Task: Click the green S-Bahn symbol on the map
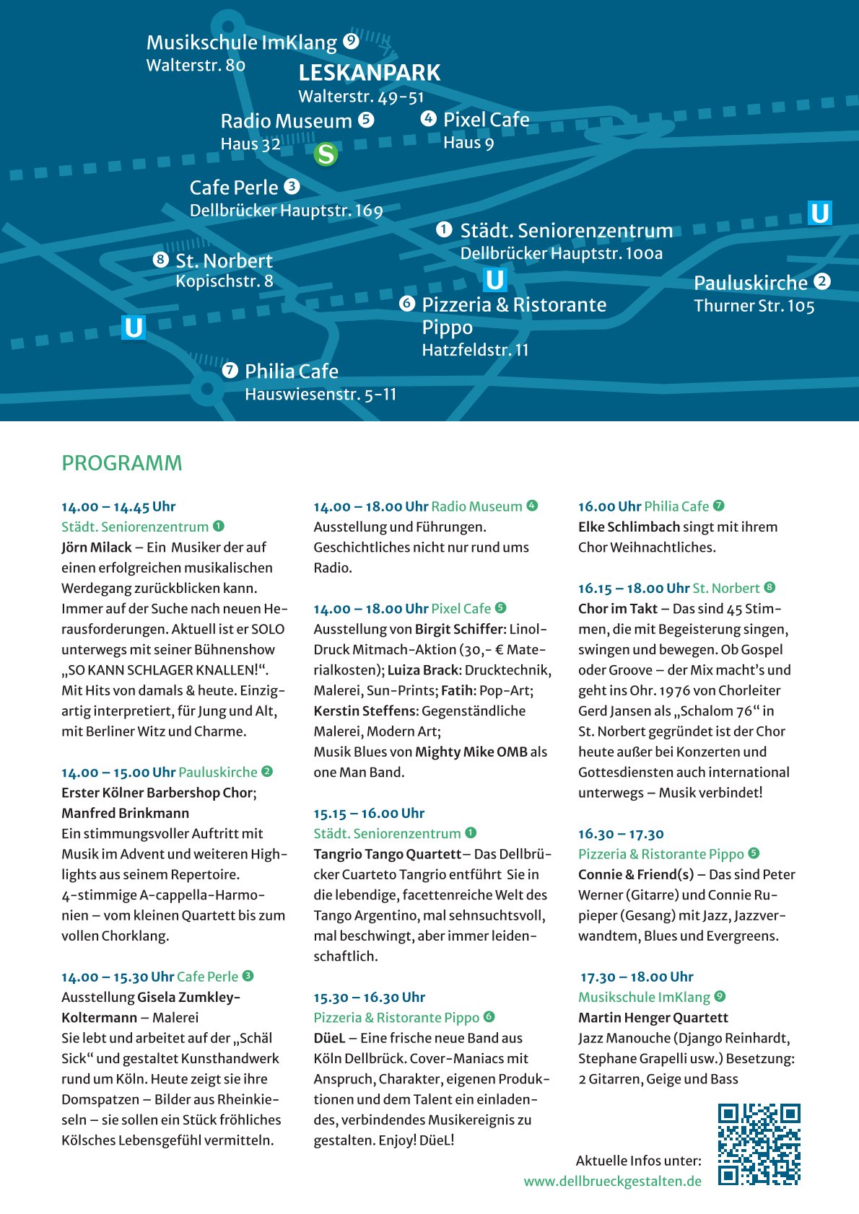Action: [x=326, y=154]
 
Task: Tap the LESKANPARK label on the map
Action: [x=369, y=73]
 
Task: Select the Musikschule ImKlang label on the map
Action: [x=241, y=43]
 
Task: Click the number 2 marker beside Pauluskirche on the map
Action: [x=822, y=281]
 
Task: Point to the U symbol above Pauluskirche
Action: [x=820, y=214]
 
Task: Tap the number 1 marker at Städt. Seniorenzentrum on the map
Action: [x=444, y=229]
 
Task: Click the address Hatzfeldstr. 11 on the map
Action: [x=475, y=350]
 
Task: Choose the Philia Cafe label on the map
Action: [x=291, y=371]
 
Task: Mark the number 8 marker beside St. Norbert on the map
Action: [x=161, y=259]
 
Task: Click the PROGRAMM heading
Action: [x=122, y=463]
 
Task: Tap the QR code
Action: [x=759, y=1143]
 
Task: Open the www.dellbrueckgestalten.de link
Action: [x=612, y=1181]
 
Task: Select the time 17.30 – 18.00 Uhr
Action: [x=637, y=977]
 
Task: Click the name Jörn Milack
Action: [x=97, y=547]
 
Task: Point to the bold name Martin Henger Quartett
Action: [x=653, y=1017]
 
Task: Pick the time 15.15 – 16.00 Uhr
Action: [x=369, y=813]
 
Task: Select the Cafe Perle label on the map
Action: [x=233, y=188]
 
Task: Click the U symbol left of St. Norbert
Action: [x=134, y=327]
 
